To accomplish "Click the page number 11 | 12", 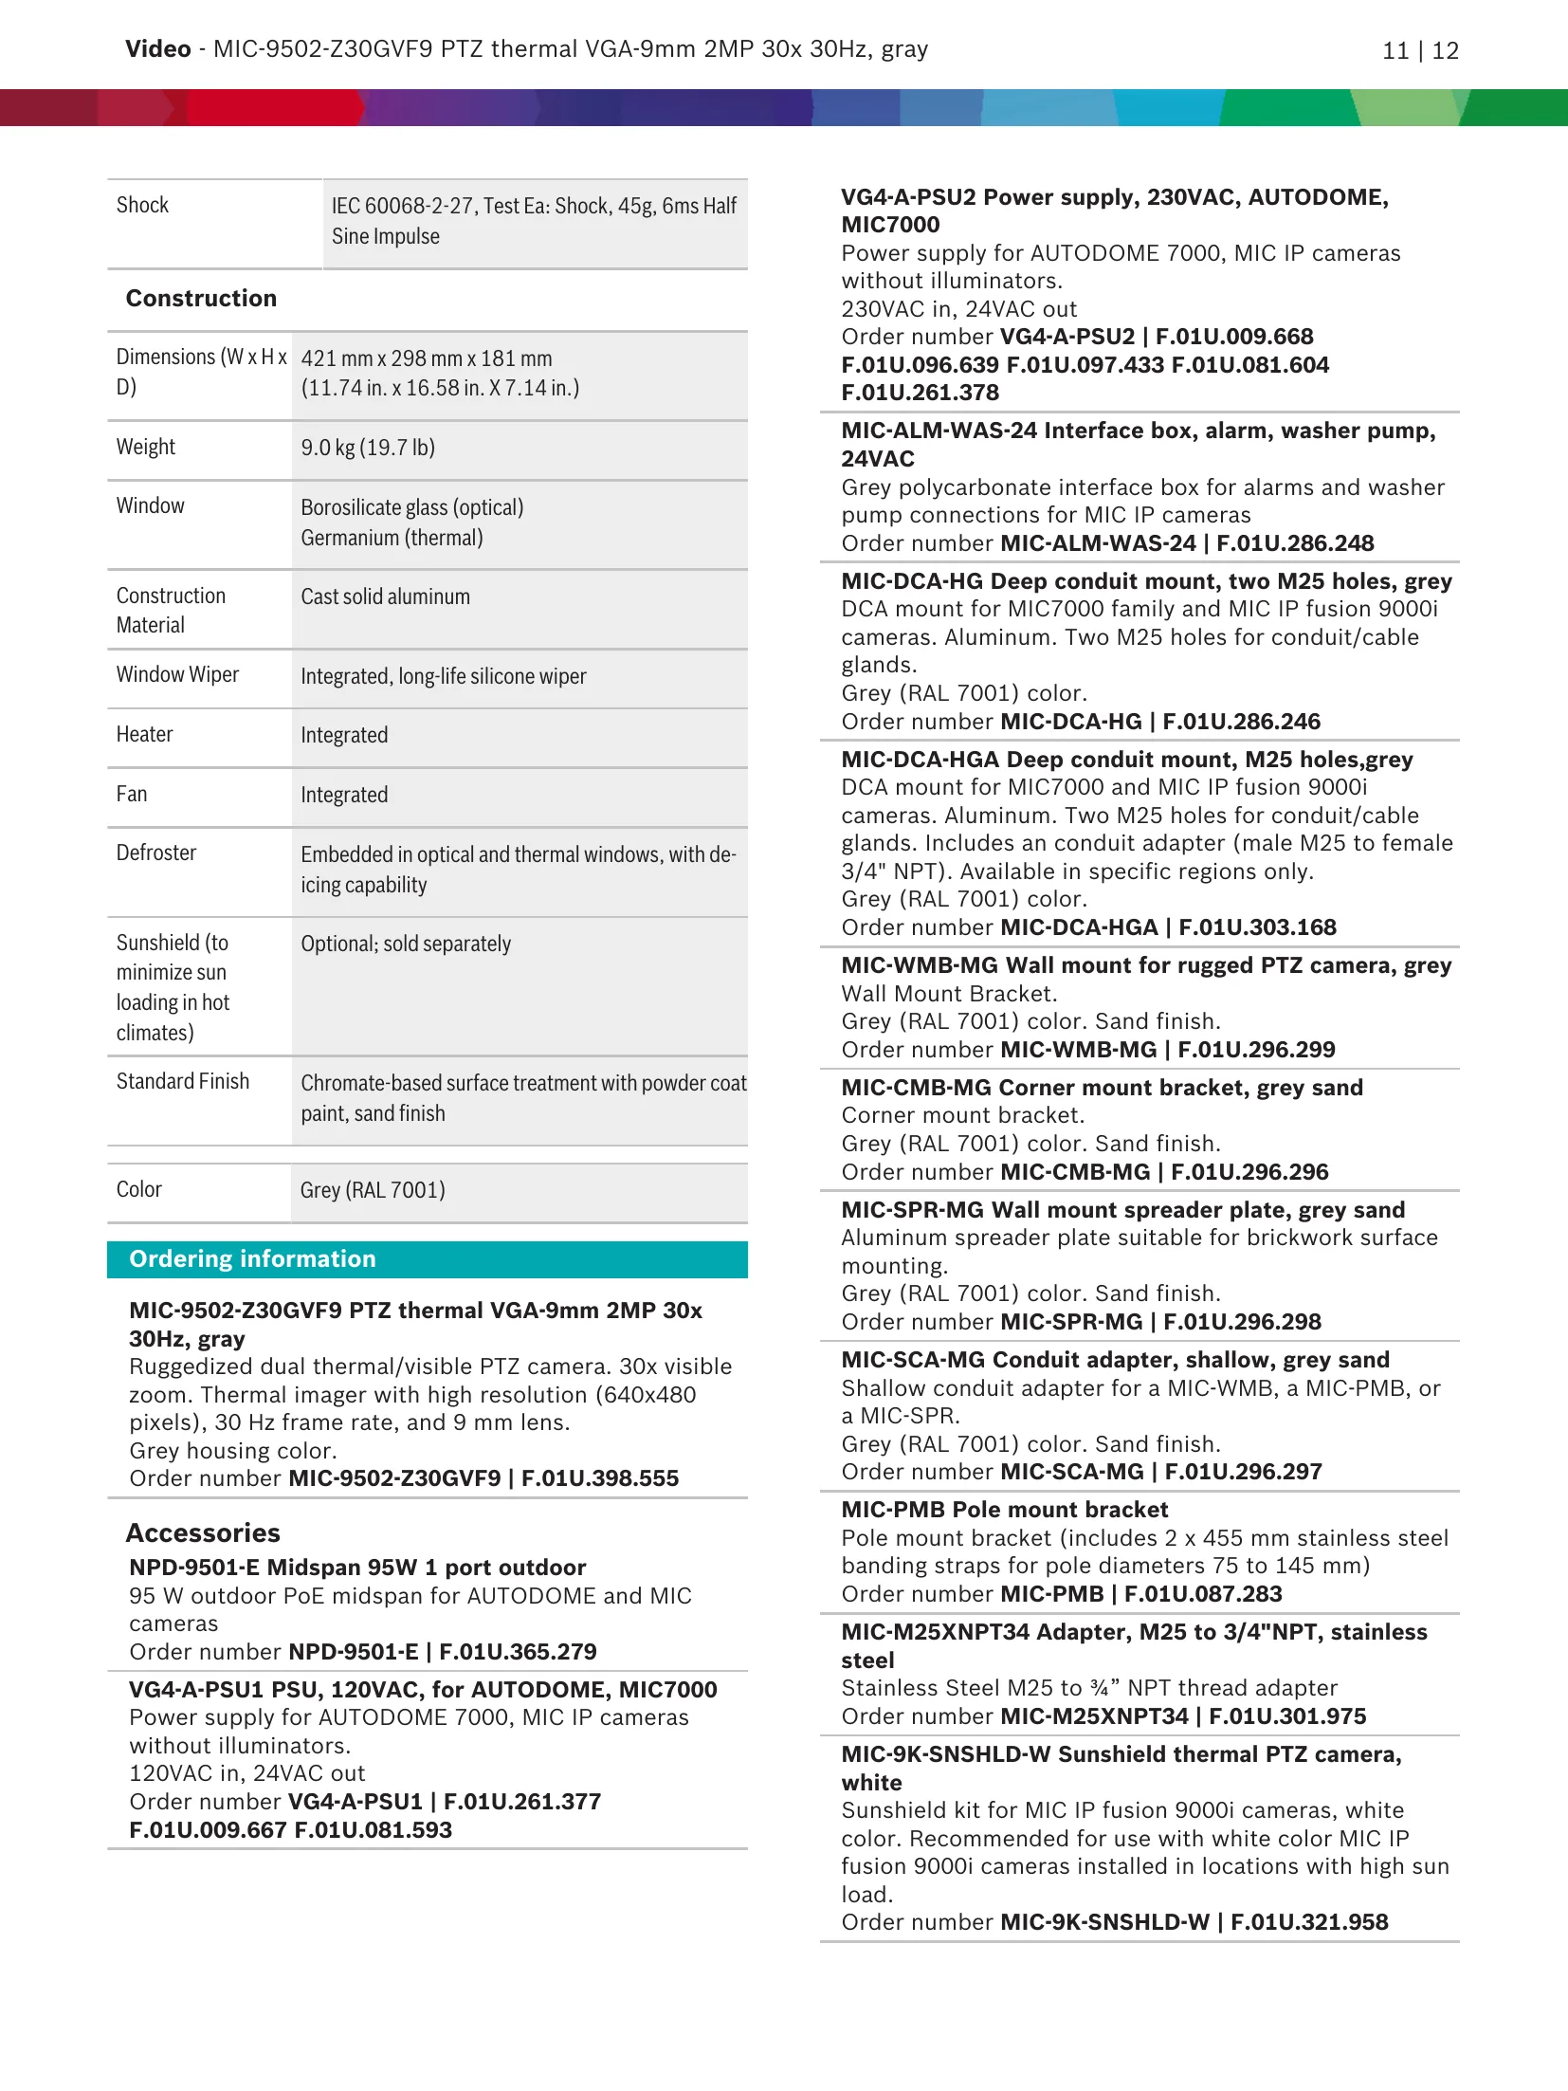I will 1419,51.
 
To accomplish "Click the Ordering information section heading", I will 252,1258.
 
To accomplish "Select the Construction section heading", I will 201,299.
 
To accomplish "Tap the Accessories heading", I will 203,1532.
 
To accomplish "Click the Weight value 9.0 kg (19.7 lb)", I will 368,448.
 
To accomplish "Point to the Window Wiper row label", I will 177,674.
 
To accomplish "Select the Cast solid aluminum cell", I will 385,596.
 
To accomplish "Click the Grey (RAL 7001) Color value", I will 373,1190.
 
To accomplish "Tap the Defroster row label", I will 156,853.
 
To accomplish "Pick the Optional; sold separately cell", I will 406,944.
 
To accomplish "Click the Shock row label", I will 142,205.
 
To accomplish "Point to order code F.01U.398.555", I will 600,1478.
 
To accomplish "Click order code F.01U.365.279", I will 518,1652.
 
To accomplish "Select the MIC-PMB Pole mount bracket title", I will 1004,1510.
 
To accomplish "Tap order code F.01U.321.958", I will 1309,1922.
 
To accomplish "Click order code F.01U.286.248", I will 1295,543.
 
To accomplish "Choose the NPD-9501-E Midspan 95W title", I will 357,1568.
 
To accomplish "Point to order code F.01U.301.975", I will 1287,1716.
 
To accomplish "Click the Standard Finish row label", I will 183,1081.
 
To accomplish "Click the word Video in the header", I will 157,49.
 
